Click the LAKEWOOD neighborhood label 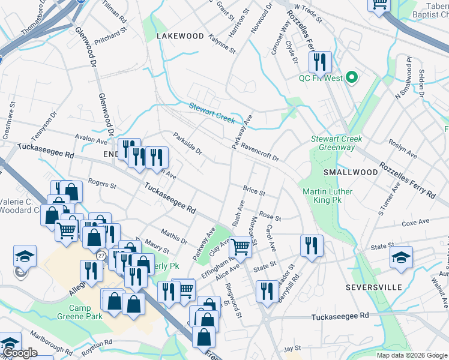coord(180,36)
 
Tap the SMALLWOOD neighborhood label coord(351,172)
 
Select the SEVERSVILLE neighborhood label coord(373,287)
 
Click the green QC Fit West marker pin coord(352,77)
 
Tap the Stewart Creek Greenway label coord(333,143)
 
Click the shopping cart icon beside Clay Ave coord(240,246)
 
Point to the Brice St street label coord(254,191)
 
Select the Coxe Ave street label coord(416,222)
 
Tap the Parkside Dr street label coord(187,143)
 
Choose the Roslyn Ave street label coord(402,150)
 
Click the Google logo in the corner coord(20,353)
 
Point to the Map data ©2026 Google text coord(412,355)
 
